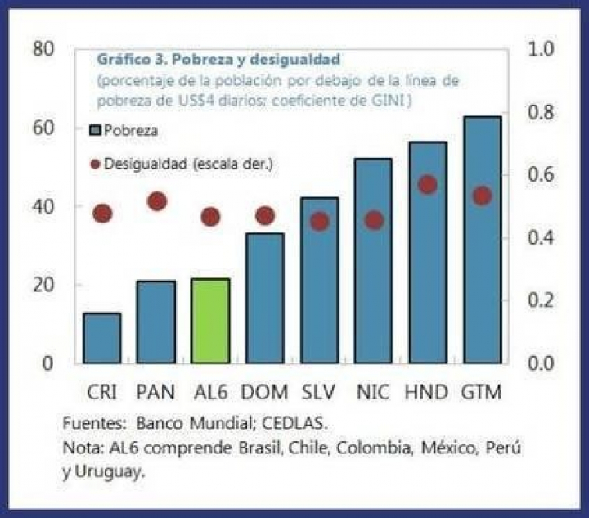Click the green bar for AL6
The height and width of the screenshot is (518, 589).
[x=210, y=321]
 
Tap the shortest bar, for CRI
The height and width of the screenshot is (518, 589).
[x=101, y=338]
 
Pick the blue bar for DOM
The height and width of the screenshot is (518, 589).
[x=264, y=298]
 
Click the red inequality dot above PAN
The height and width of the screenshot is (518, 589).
[x=157, y=201]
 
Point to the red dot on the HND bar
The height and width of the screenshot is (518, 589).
[x=427, y=185]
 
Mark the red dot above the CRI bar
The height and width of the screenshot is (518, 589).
[x=102, y=214]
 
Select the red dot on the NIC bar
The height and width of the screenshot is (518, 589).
[x=374, y=220]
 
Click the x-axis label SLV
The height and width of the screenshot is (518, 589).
[x=320, y=393]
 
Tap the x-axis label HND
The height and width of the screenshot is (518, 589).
[x=427, y=393]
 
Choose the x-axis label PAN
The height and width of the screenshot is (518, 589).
[x=155, y=393]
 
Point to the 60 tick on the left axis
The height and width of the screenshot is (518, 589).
[x=43, y=128]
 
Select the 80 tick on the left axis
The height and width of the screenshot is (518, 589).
[x=43, y=49]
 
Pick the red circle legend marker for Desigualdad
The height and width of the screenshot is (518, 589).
[x=96, y=164]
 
